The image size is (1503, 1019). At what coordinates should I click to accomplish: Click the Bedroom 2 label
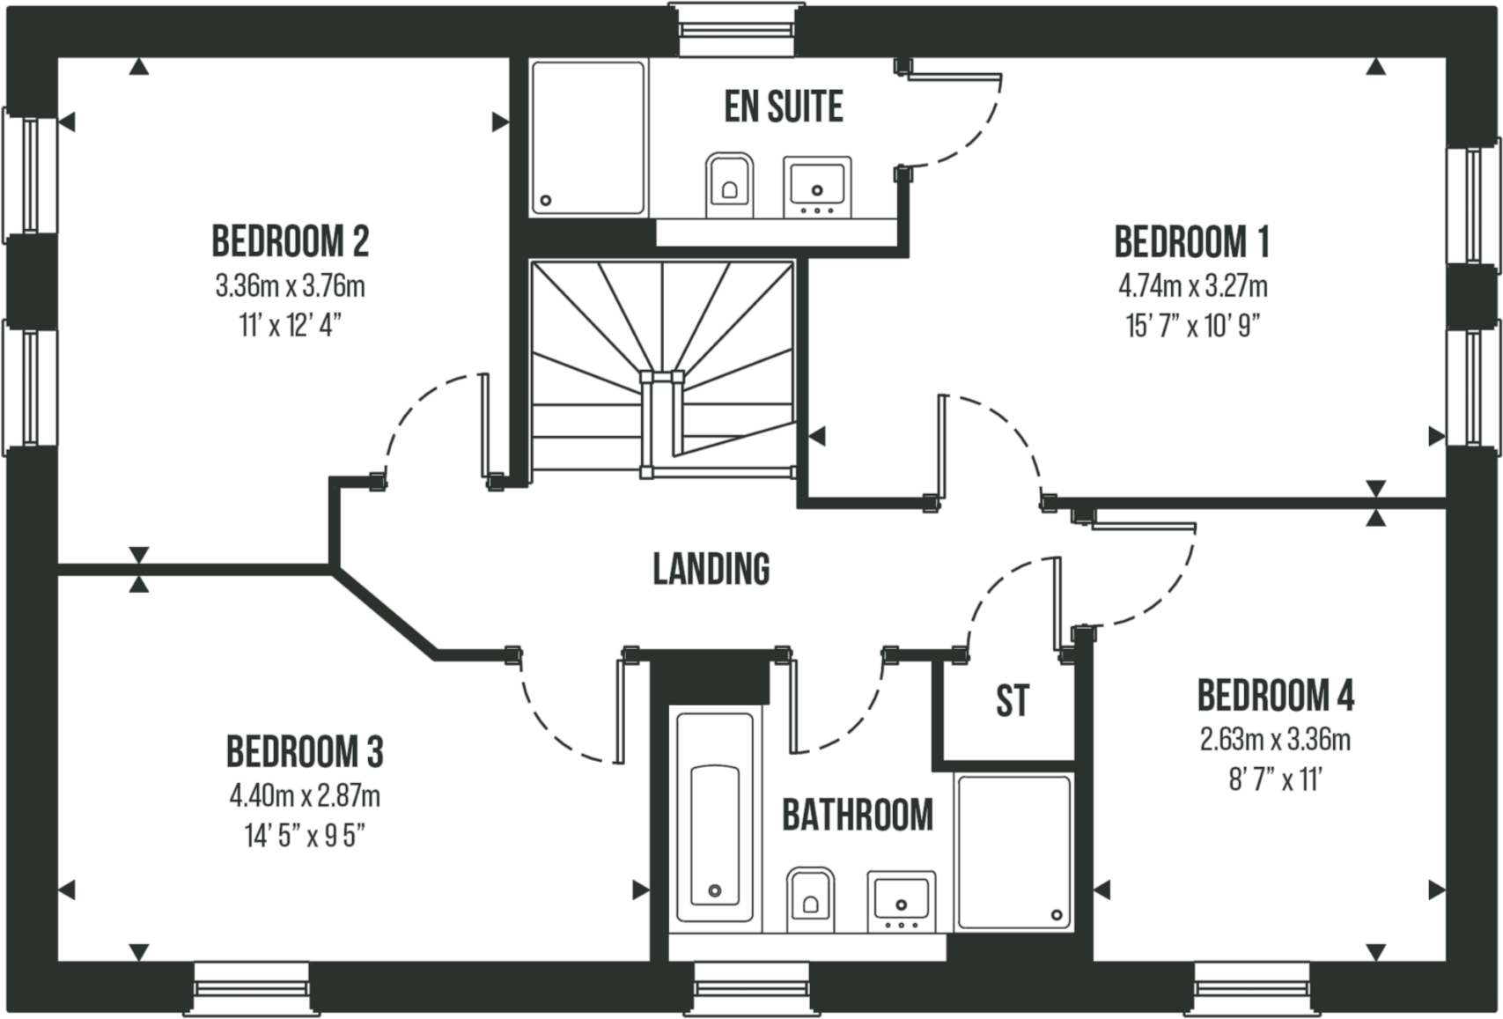(291, 241)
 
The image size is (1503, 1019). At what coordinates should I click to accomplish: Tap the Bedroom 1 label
(1192, 241)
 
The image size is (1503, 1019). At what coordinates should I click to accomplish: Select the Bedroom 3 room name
(305, 751)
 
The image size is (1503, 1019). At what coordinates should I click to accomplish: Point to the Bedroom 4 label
(1276, 696)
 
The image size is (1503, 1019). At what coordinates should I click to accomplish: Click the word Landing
(711, 568)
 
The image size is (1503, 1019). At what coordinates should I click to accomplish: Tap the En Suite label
(784, 106)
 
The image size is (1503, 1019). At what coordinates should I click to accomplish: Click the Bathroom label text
(857, 816)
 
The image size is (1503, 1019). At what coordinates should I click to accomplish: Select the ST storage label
(1013, 701)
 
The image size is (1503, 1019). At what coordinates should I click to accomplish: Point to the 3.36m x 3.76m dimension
(291, 286)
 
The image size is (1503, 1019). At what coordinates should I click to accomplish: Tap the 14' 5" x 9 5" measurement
(305, 836)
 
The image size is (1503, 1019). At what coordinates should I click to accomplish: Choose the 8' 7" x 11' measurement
(1276, 780)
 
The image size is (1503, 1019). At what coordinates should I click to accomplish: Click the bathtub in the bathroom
(714, 818)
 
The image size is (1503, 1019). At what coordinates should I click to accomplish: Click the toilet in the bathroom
(810, 897)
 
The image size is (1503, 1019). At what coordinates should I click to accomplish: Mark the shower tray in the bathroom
(1013, 851)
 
